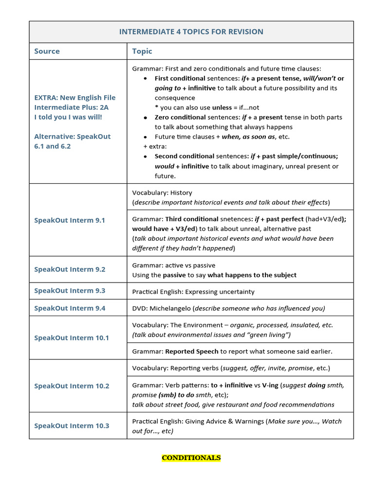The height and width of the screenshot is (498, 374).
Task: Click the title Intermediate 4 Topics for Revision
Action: click(x=191, y=32)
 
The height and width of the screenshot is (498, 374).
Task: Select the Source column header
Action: click(x=47, y=51)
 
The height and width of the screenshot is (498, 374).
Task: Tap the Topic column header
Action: click(x=142, y=51)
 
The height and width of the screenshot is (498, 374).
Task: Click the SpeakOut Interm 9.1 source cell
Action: click(x=70, y=220)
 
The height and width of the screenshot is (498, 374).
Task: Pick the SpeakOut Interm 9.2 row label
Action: click(x=70, y=269)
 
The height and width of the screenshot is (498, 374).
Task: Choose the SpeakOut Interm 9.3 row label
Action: click(x=70, y=291)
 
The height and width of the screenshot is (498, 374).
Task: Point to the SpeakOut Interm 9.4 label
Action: click(x=70, y=308)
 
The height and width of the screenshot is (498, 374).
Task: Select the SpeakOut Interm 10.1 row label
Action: click(x=72, y=338)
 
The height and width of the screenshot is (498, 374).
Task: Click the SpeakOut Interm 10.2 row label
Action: click(x=72, y=386)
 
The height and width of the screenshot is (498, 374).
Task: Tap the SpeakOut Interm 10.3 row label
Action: click(x=72, y=426)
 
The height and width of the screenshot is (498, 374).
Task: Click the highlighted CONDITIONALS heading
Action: click(x=191, y=458)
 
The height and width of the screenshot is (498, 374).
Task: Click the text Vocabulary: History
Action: click(x=162, y=193)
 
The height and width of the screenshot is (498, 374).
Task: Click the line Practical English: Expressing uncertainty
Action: click(x=193, y=292)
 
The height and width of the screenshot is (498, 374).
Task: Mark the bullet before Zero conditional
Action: click(x=146, y=118)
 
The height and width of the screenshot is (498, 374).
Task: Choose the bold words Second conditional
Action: click(x=184, y=156)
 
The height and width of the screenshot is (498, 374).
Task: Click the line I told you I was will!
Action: click(x=68, y=117)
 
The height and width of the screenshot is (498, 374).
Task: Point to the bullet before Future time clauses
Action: click(x=146, y=137)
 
